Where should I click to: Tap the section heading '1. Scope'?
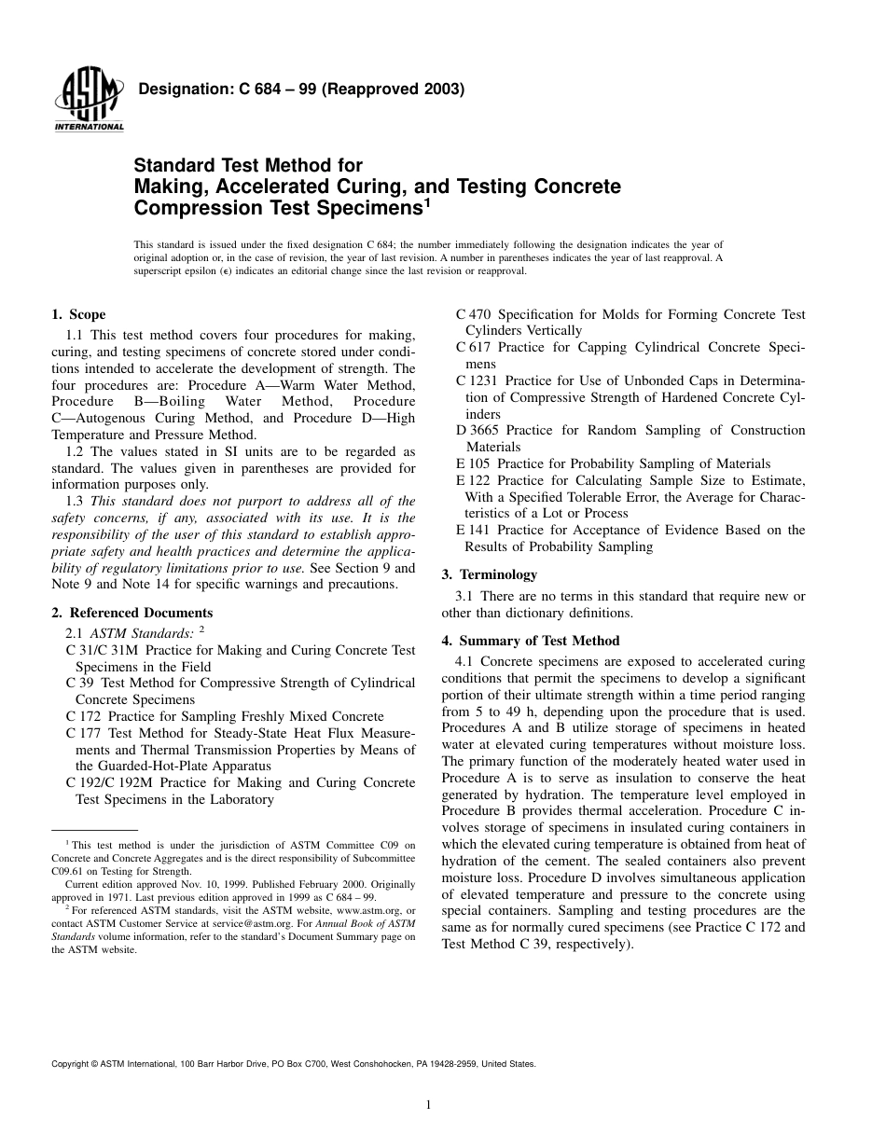coord(78,315)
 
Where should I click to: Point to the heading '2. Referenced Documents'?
coord(132,613)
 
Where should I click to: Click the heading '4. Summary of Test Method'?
coord(530,641)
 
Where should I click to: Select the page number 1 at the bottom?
coord(427,1105)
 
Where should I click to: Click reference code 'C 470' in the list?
coord(473,315)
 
